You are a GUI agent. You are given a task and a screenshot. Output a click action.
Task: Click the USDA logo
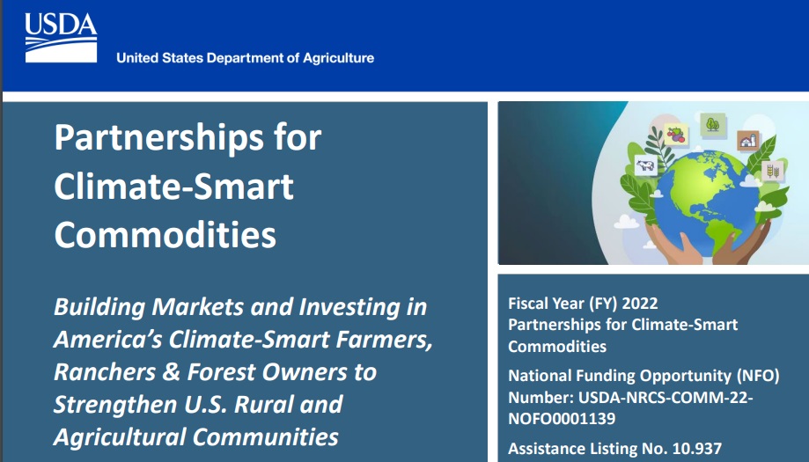coord(60,37)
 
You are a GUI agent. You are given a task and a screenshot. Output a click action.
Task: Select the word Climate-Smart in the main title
coord(173,187)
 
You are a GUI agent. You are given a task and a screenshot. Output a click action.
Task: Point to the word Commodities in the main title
coord(165,235)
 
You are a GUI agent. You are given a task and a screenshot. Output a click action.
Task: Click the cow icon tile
coord(646,165)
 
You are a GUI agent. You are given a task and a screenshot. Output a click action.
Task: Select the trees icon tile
coord(711,124)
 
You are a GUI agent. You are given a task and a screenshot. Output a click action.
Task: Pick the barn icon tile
coord(747,140)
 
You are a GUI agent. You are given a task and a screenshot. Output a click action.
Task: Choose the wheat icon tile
coord(772,170)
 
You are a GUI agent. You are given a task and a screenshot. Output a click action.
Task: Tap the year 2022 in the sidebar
coord(638,304)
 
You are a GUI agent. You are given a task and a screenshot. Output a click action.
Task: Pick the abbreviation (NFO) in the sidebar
coord(756,376)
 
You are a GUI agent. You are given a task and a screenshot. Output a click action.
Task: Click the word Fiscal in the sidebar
coord(529,304)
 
